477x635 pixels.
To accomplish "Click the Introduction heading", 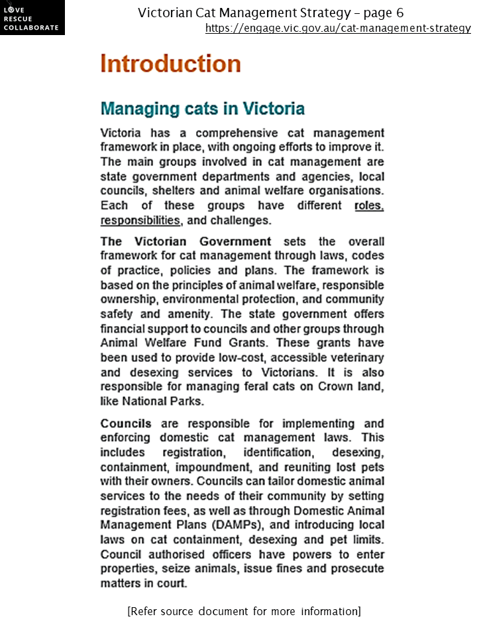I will click(x=170, y=64).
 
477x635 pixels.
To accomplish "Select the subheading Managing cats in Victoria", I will click(x=202, y=108).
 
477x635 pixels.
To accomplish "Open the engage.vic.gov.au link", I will click(x=338, y=28).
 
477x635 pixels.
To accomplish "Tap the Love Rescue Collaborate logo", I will click(x=32, y=18).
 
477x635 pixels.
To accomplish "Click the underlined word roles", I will click(x=369, y=206).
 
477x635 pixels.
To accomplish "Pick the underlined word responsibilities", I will click(x=140, y=220).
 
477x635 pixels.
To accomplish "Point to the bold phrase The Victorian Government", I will click(x=185, y=241).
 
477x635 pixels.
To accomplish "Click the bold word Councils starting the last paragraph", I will click(x=125, y=423).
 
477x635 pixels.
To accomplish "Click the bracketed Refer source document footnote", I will click(x=244, y=611).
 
